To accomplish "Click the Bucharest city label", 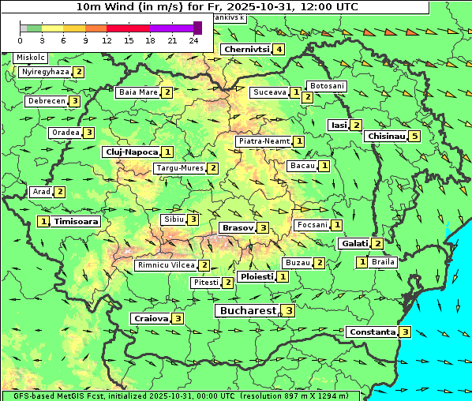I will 246,311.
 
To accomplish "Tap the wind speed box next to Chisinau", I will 415,136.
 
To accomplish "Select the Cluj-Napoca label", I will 131,152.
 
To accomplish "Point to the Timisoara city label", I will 77,222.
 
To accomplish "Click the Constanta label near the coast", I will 372,332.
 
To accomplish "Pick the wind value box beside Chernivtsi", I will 279,49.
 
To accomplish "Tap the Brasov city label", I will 237,227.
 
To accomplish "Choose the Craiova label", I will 151,318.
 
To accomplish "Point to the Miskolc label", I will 30,58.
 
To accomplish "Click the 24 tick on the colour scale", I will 193,40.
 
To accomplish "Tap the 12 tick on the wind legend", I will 107,40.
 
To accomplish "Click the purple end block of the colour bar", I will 197,28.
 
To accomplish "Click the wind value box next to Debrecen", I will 74,101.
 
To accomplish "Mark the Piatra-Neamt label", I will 264,141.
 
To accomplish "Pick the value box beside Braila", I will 362,262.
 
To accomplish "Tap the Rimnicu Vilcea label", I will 165,265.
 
